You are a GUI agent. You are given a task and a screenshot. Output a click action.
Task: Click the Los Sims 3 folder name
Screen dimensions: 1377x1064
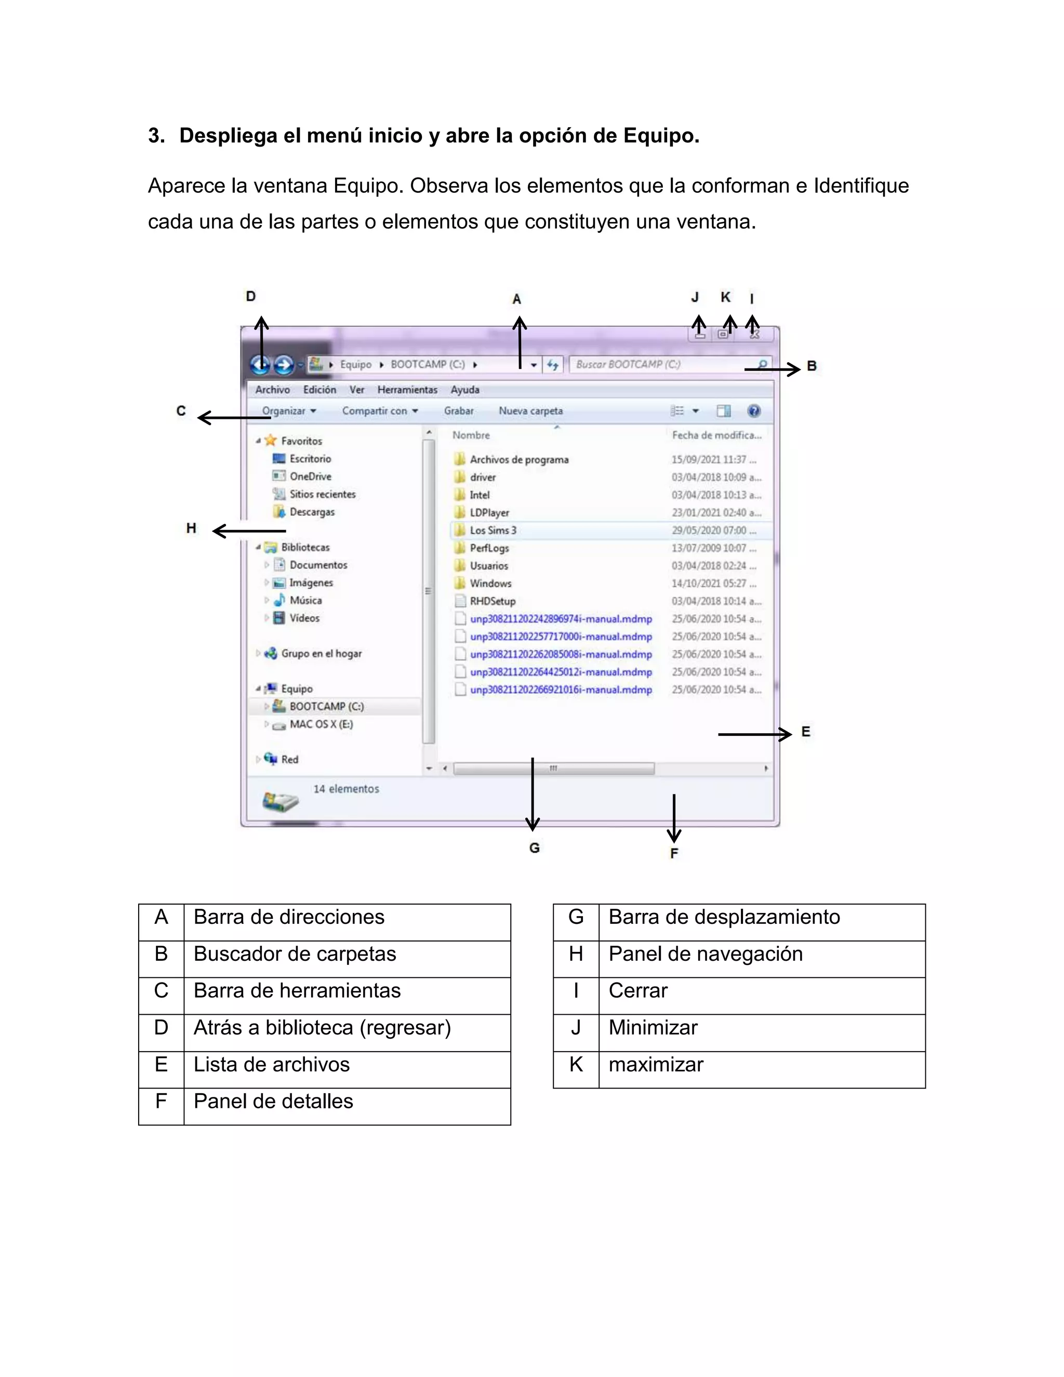(493, 530)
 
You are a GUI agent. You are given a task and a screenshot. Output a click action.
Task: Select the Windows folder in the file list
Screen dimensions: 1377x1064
(490, 583)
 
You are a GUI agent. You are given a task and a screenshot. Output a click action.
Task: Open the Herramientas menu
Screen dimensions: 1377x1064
(407, 390)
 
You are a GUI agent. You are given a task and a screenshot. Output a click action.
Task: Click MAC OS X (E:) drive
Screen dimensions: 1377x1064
(321, 724)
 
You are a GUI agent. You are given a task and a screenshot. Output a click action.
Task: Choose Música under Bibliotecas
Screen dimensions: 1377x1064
(305, 600)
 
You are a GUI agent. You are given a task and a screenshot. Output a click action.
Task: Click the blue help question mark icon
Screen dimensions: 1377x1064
(753, 411)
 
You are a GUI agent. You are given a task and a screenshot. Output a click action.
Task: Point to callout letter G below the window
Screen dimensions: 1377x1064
(535, 848)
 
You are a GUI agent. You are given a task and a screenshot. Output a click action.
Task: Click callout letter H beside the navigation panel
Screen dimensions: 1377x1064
(191, 528)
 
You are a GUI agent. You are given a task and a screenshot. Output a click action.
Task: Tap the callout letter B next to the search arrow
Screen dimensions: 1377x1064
(812, 366)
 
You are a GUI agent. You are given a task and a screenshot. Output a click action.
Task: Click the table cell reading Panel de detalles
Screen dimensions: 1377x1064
(273, 1101)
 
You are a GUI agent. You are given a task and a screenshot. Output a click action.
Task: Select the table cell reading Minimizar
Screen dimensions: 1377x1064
(653, 1028)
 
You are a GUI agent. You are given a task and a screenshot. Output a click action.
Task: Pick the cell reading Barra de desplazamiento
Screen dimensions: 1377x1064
(724, 917)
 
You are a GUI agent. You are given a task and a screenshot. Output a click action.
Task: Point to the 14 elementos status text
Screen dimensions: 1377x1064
(346, 789)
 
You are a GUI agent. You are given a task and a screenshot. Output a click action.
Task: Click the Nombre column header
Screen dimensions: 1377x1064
(471, 435)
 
